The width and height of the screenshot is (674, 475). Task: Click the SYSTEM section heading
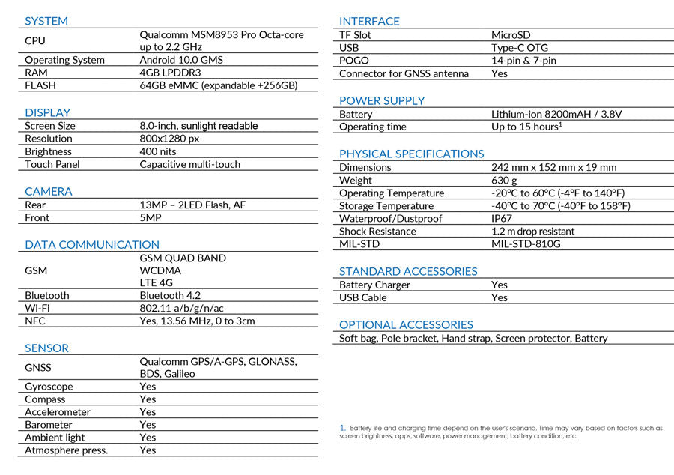[x=46, y=21]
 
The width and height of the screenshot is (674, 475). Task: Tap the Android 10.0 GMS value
[x=181, y=60]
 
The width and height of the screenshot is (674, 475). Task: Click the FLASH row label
[x=40, y=85]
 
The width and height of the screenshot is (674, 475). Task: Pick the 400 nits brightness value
[x=158, y=151]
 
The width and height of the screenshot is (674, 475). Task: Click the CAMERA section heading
[x=49, y=191]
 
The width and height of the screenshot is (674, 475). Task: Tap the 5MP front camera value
[x=151, y=217]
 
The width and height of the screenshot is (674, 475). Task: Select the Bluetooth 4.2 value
[x=170, y=295]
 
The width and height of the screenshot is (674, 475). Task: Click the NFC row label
[x=35, y=321]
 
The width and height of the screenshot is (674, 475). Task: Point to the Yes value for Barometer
[x=148, y=425]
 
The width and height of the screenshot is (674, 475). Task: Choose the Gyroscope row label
[x=49, y=387]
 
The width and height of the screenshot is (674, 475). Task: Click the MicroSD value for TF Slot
[x=511, y=34]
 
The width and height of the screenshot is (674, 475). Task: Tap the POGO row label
[x=354, y=61]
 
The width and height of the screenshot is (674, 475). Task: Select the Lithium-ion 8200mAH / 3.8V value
[x=556, y=114]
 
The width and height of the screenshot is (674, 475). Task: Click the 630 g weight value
[x=504, y=180]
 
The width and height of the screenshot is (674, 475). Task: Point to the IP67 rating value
[x=502, y=218]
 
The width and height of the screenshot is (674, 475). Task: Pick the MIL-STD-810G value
[x=526, y=243]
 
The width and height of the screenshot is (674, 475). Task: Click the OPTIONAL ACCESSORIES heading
[x=406, y=324]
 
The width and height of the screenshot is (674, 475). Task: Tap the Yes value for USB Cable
[x=500, y=297]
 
